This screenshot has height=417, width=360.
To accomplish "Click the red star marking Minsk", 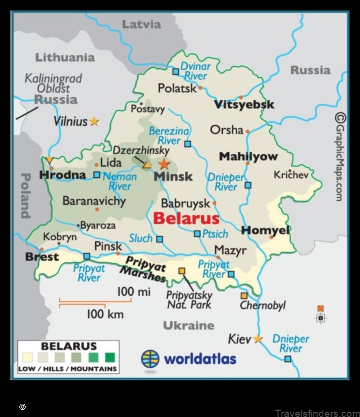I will click(x=164, y=164).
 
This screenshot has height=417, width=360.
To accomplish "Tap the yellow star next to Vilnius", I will click(x=94, y=121).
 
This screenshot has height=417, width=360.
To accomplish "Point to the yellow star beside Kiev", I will click(x=258, y=339).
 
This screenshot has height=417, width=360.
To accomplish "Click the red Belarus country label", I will click(x=186, y=218).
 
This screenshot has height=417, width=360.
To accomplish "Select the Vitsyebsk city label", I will click(x=244, y=104).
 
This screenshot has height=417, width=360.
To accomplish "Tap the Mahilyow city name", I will click(x=248, y=156).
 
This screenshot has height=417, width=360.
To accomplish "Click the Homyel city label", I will click(x=266, y=230).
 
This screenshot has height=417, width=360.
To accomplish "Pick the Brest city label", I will click(x=42, y=257).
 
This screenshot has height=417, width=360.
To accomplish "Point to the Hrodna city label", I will click(x=62, y=175).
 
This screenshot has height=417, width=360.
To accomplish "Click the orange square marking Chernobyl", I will click(x=244, y=295).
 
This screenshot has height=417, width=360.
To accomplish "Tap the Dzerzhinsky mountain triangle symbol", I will click(x=147, y=165).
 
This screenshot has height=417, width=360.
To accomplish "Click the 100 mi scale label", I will click(x=133, y=292).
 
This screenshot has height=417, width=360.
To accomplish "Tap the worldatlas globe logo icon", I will click(x=150, y=359).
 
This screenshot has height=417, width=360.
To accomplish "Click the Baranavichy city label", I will click(x=94, y=201).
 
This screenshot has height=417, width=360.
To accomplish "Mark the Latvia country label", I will click(x=141, y=24).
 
